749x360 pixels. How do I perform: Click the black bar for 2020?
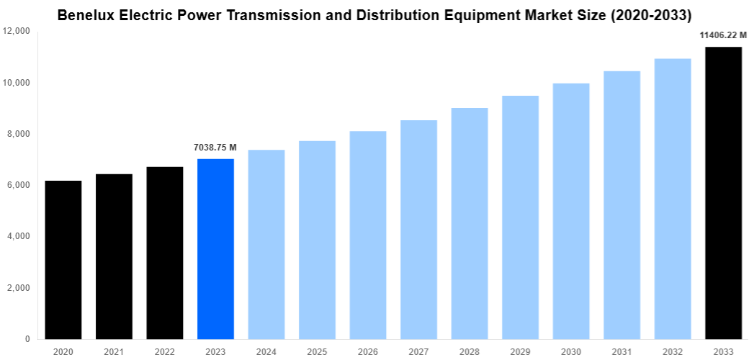tap(63, 260)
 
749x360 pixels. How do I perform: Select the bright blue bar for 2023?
tap(215, 249)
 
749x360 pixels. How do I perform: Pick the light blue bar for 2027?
tap(418, 230)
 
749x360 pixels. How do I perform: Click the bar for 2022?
tap(165, 253)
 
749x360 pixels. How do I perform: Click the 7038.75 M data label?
tap(215, 148)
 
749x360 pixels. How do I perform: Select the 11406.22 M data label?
tap(723, 35)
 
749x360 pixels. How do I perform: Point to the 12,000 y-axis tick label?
tap(17, 32)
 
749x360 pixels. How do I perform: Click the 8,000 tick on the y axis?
tap(19, 134)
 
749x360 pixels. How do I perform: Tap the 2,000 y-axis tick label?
tap(19, 288)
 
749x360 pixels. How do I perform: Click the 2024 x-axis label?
tap(266, 351)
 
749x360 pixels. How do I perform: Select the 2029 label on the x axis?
tap(520, 351)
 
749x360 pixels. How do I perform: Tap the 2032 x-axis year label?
tap(673, 351)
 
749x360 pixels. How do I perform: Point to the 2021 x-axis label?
tap(114, 351)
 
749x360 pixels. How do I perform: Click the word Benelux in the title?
tap(84, 14)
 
